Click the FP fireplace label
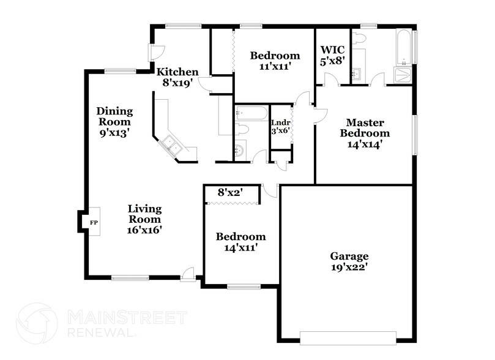(94, 222)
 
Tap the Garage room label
(349, 256)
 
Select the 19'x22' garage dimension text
(349, 267)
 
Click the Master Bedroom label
(365, 127)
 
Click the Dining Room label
(114, 116)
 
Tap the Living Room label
(144, 214)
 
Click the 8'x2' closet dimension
(231, 192)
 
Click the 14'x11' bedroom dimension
(240, 247)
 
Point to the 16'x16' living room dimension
(144, 230)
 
